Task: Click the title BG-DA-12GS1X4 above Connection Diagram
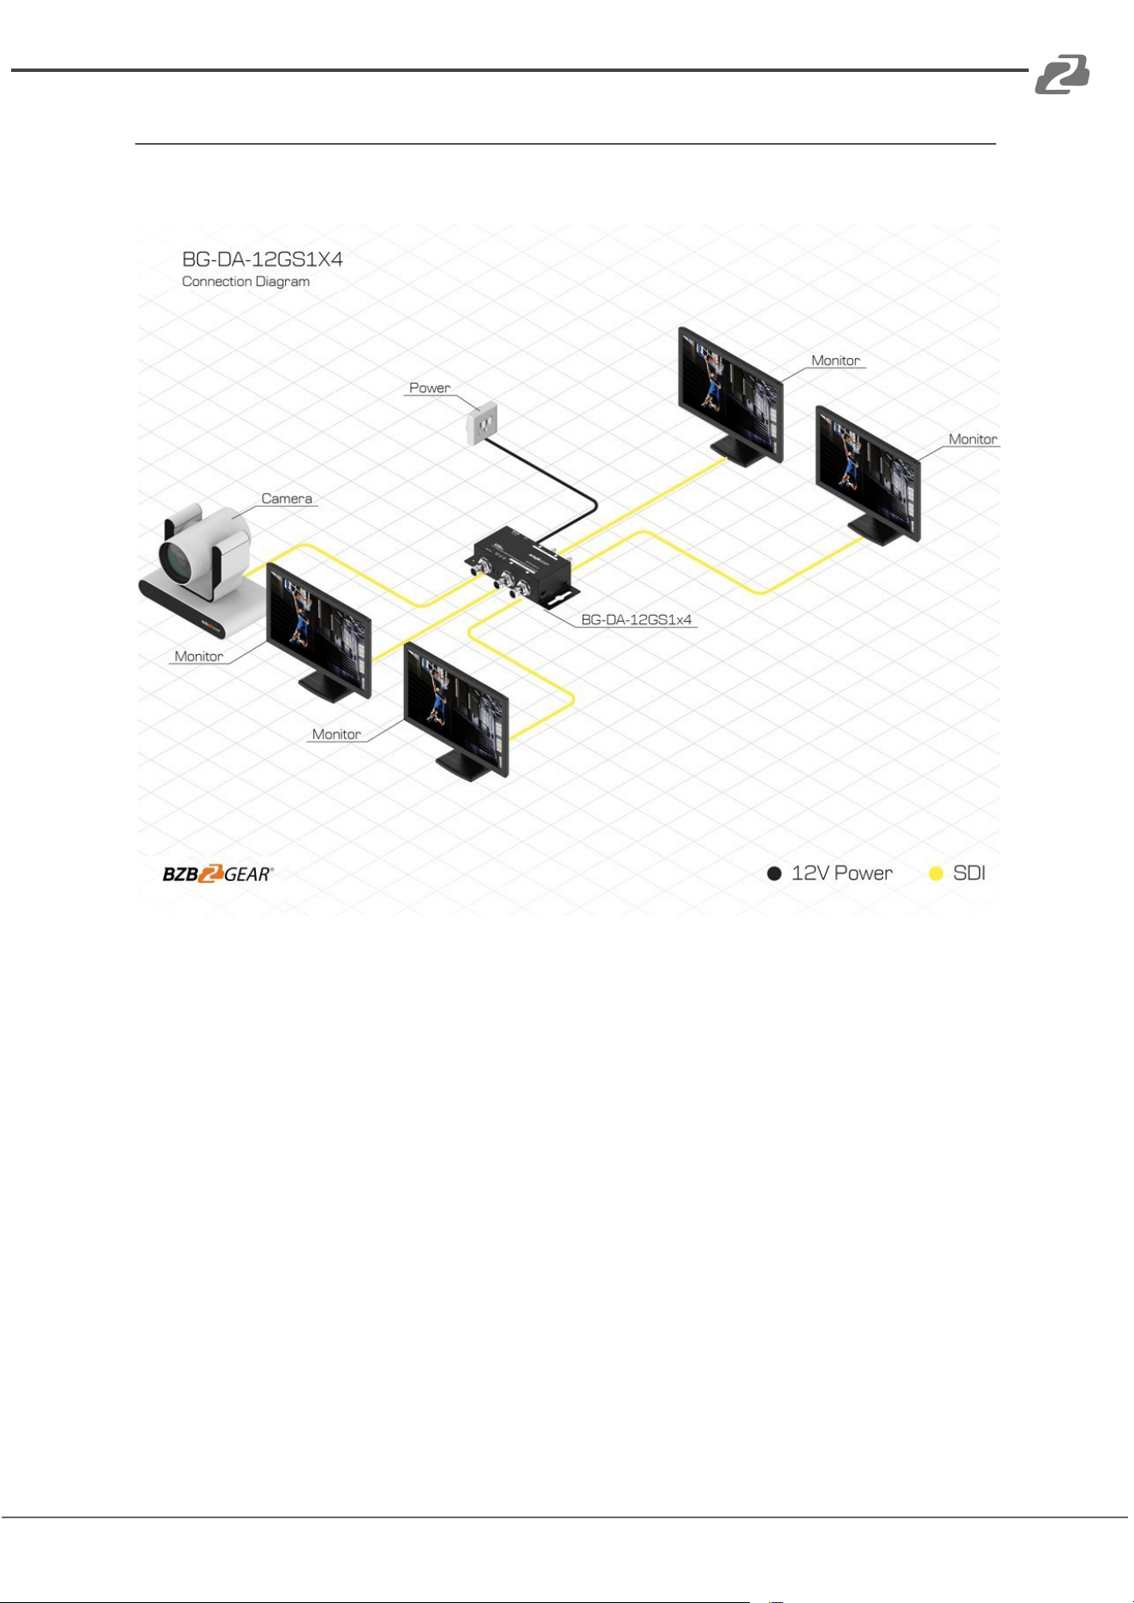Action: tap(262, 259)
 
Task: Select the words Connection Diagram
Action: tap(246, 282)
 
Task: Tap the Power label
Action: tap(430, 388)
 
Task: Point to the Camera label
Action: tap(287, 498)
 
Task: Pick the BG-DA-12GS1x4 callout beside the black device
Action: tap(636, 619)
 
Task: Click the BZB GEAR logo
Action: tap(218, 873)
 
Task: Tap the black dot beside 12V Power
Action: tap(775, 873)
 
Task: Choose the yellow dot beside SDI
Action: tap(936, 873)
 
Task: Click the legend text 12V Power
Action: tap(842, 873)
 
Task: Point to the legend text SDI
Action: tap(970, 873)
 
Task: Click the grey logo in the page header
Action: tap(1062, 74)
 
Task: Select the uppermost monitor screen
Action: tap(731, 395)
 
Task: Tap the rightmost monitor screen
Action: tap(868, 474)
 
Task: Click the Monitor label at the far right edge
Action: tap(973, 439)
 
